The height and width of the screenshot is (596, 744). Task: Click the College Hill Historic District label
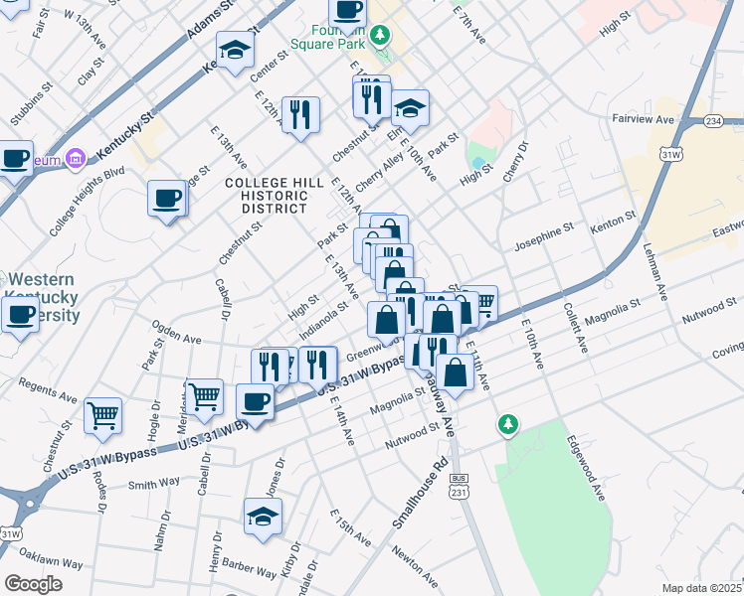tap(274, 196)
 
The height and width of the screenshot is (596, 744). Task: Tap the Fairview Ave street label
tap(643, 119)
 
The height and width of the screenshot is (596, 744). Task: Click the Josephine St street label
tap(543, 235)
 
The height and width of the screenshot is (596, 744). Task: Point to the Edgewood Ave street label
tap(586, 466)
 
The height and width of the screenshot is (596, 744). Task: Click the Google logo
tap(34, 583)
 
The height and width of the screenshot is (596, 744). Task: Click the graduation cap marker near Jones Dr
tap(263, 517)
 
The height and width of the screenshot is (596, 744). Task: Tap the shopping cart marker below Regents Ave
tap(103, 415)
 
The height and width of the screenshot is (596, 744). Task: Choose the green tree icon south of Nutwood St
tap(508, 425)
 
